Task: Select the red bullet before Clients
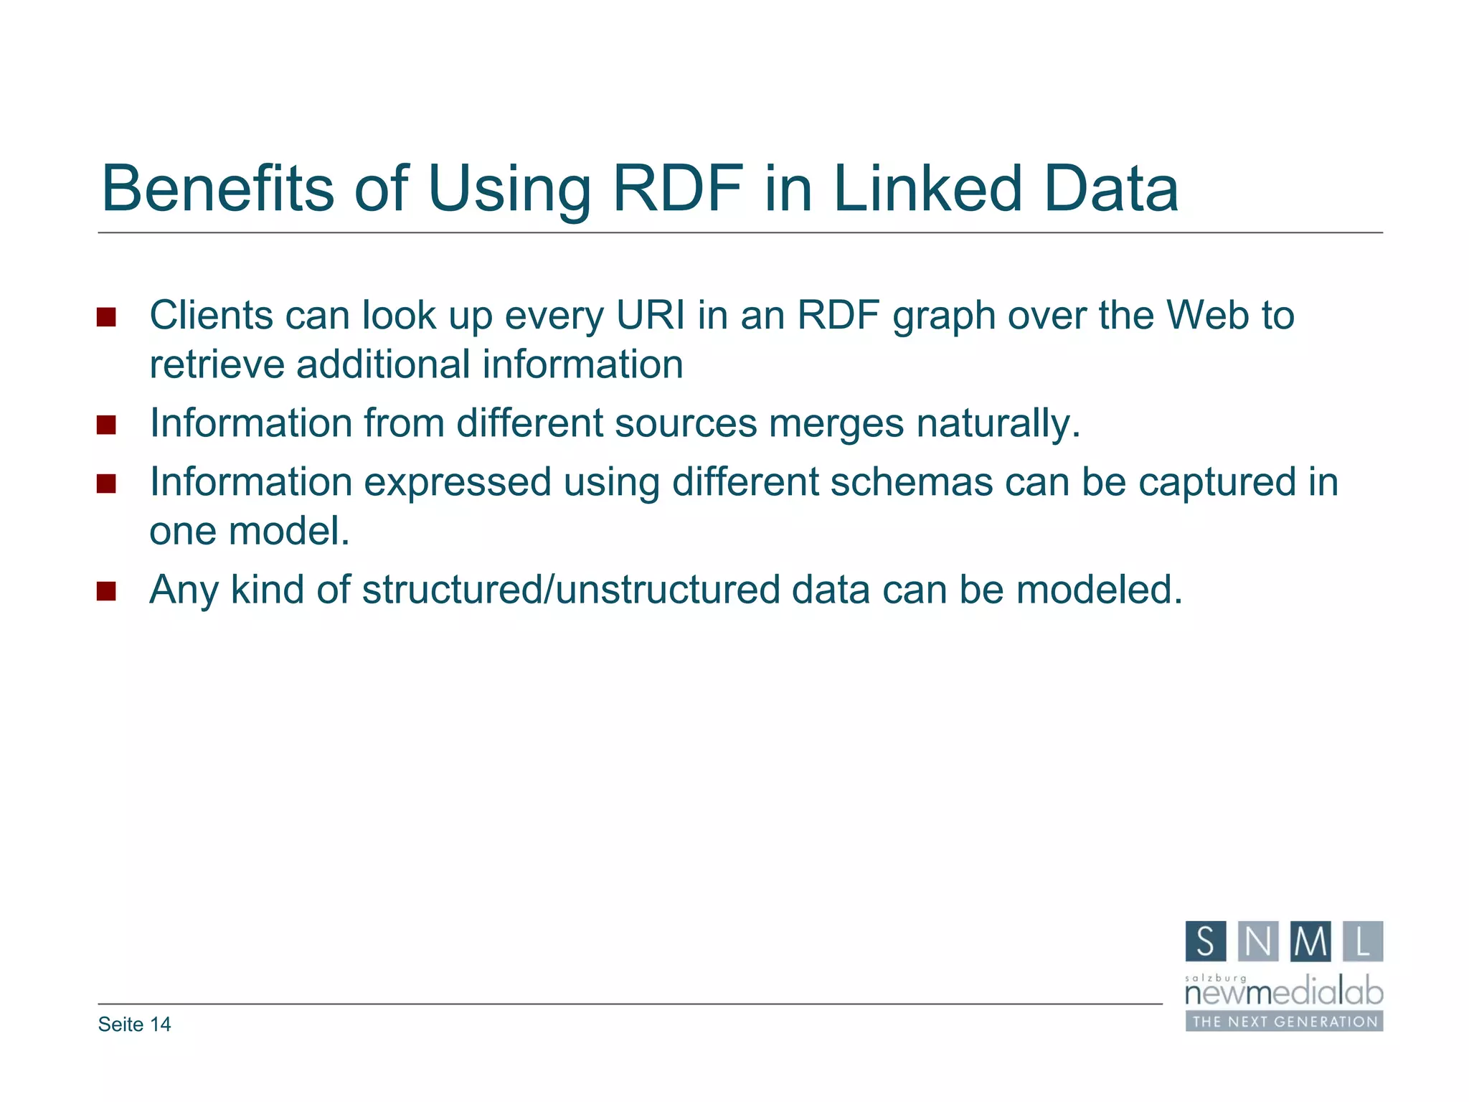[x=106, y=317]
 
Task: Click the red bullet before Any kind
[x=106, y=591]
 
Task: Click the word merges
[x=836, y=423]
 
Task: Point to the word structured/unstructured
[x=571, y=590]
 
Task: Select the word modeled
[x=1099, y=590]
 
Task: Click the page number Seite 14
[x=135, y=1025]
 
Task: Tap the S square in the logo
[x=1206, y=941]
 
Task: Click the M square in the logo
[x=1310, y=941]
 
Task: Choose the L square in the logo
[x=1362, y=941]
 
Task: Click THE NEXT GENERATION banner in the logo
[x=1284, y=1022]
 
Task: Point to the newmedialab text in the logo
[x=1284, y=994]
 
